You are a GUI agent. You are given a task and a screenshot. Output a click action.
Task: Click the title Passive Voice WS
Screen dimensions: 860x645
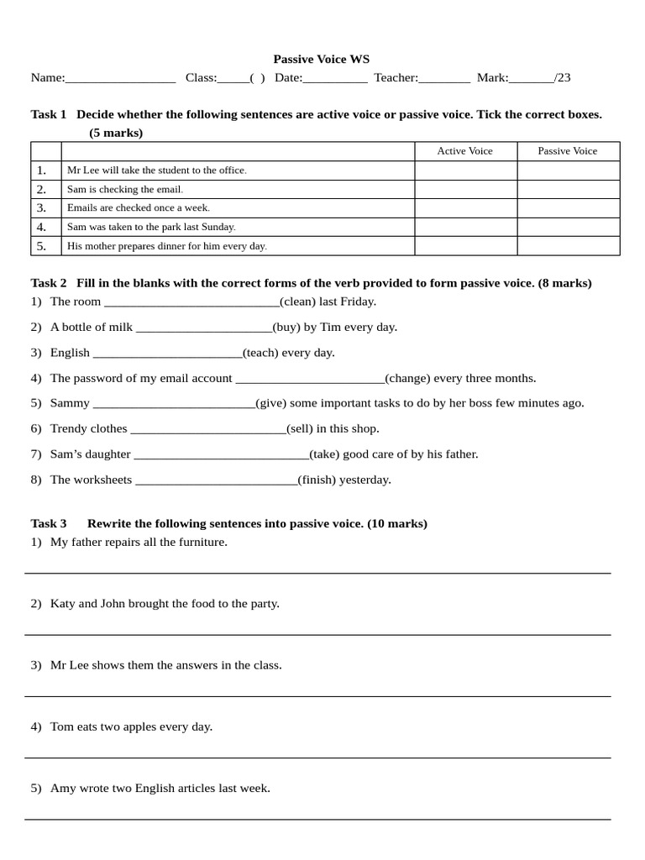tap(321, 60)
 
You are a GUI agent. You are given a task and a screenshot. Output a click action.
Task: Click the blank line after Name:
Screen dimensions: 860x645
tap(120, 79)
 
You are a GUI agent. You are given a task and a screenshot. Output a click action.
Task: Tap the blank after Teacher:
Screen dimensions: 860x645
tap(444, 79)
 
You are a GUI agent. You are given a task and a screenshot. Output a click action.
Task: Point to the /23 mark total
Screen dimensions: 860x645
tap(562, 78)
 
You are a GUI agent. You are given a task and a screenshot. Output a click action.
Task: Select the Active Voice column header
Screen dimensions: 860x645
tap(464, 151)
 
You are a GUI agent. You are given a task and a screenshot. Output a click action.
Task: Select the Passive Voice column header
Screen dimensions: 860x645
tap(568, 151)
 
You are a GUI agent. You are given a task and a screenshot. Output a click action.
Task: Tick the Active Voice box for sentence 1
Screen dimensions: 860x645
tap(465, 170)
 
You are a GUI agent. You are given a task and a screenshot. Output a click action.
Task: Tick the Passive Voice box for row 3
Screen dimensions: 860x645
tap(568, 207)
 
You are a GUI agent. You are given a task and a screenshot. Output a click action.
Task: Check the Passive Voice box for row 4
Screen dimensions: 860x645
tap(568, 227)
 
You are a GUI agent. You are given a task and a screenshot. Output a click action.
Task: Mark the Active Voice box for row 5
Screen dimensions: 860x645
tap(465, 246)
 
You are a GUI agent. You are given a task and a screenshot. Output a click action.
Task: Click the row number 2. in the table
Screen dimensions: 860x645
tap(41, 189)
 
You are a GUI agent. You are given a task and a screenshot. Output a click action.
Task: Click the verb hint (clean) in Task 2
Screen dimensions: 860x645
tap(296, 302)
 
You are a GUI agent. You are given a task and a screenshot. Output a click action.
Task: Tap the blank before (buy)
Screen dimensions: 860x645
tap(203, 328)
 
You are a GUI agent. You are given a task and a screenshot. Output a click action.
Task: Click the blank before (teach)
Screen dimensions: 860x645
tap(167, 354)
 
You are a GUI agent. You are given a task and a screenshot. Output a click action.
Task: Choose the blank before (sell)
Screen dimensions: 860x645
tap(208, 430)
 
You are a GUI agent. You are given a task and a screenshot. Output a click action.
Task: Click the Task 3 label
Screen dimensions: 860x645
tap(49, 523)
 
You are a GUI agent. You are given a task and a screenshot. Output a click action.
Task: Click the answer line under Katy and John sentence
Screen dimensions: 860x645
tap(317, 634)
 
